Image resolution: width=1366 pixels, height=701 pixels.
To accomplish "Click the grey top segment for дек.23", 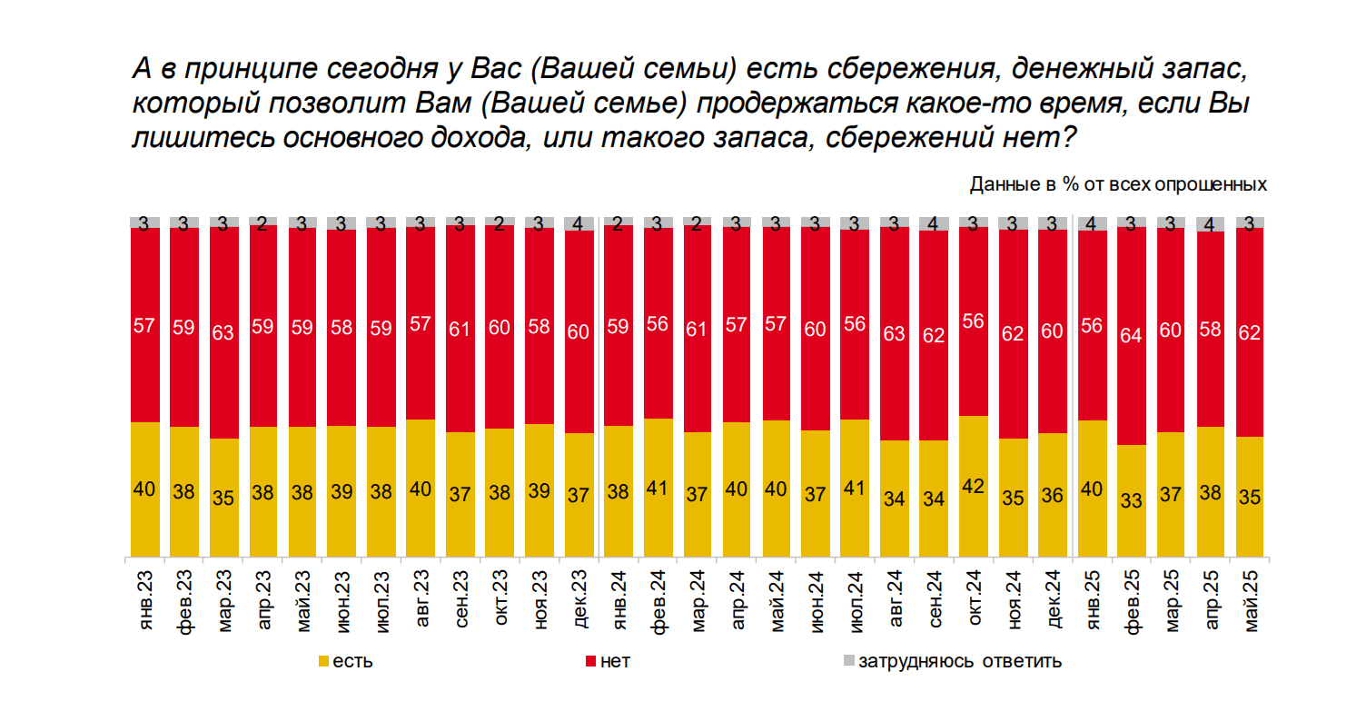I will point(579,223).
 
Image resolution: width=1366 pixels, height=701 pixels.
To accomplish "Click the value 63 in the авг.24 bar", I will point(895,333).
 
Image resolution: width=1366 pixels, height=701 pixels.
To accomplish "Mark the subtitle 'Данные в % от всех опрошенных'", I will point(1118,184).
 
